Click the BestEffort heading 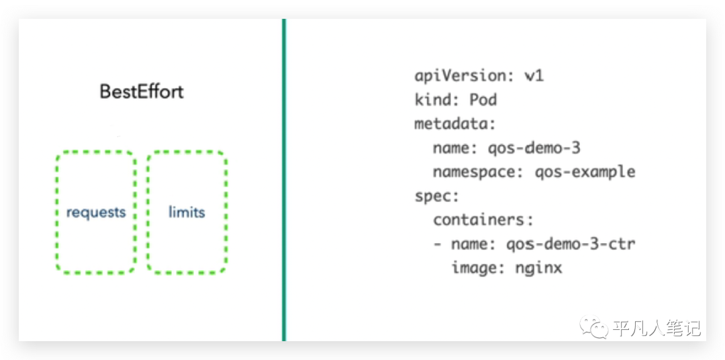141,91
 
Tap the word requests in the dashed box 96,212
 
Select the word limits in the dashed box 187,212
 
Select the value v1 534,75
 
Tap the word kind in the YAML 435,99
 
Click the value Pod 483,99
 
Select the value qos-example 585,172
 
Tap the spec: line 436,196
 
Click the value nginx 538,268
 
